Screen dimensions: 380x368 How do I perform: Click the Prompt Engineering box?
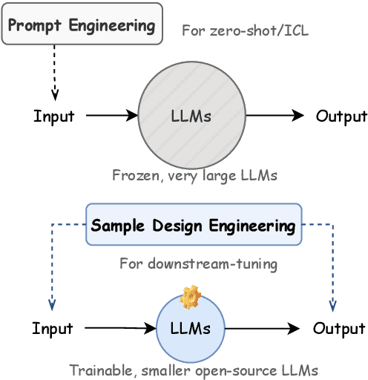[82, 24]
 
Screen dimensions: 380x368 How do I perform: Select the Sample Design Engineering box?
[193, 225]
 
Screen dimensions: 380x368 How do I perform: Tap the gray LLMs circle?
[191, 116]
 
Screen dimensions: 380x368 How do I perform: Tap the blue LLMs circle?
[191, 328]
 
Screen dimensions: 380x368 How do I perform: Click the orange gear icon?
[191, 298]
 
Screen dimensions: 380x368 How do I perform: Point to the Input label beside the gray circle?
[53, 117]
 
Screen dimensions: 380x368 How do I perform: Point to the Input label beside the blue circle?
[53, 328]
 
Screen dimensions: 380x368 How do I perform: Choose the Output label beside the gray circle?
[341, 116]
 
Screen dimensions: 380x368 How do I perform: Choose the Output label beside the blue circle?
[339, 328]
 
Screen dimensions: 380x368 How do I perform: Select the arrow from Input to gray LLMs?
[111, 116]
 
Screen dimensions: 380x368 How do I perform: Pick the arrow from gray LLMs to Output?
[275, 116]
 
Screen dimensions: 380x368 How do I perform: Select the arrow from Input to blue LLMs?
[119, 327]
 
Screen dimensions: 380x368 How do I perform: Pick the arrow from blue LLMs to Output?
[262, 328]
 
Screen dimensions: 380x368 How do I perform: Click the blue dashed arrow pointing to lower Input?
[53, 267]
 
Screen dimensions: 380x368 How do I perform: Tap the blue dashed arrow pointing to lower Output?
[332, 267]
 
